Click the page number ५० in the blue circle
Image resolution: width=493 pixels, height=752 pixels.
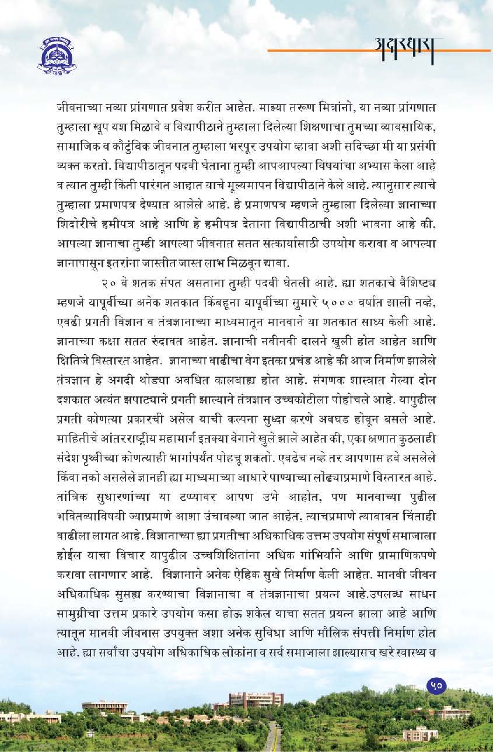436,685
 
